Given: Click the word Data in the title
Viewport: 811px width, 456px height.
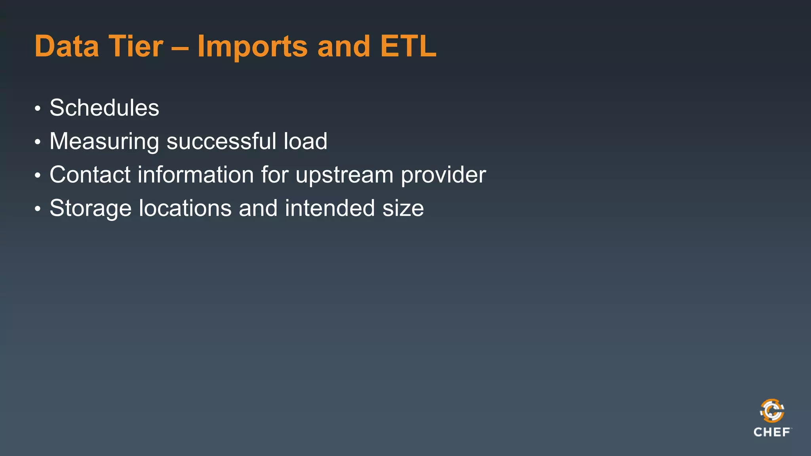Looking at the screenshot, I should (67, 46).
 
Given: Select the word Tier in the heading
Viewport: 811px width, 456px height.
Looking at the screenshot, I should (135, 46).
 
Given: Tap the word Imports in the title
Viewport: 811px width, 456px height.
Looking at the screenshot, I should (252, 46).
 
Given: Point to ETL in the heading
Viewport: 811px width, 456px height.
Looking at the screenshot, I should (408, 46).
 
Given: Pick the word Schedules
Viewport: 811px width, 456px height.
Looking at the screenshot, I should (104, 108).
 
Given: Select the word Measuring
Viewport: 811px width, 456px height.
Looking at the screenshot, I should (104, 141).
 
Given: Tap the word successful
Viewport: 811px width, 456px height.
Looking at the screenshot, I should (221, 141).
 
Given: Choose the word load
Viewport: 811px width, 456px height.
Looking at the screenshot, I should (305, 141).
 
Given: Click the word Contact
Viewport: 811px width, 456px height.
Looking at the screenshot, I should (90, 175).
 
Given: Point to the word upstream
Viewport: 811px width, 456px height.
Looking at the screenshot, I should (344, 175).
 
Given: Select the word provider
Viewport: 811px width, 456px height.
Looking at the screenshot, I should (443, 175).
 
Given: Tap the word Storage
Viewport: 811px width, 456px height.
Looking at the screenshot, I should (90, 209).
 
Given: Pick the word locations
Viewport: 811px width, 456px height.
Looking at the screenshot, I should (185, 208).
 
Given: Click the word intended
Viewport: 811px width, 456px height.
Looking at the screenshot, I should (329, 208).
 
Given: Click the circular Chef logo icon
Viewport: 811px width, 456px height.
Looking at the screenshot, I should (772, 411).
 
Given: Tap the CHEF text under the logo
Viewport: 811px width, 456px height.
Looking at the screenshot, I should (772, 432).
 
